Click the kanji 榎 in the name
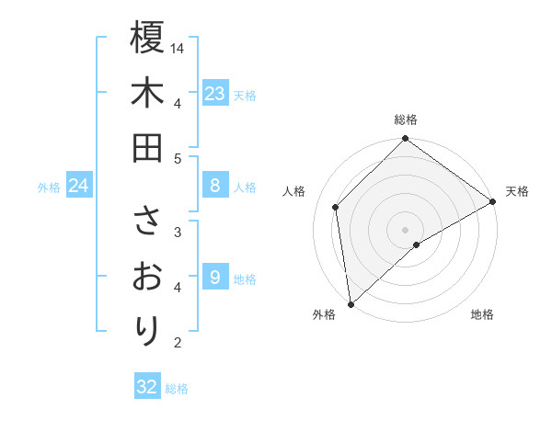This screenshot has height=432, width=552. coord(147,38)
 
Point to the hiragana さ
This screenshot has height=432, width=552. coord(147,222)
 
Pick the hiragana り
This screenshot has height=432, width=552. coord(147,329)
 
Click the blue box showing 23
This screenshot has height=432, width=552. coord(214,94)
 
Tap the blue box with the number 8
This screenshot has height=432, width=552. coord(214,186)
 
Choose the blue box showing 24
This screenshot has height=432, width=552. coord(78,186)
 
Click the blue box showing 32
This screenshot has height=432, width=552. coord(147,387)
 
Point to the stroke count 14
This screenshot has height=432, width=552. coord(178,48)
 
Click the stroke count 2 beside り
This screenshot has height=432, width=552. coord(178,344)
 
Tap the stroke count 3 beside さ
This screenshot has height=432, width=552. coord(178,232)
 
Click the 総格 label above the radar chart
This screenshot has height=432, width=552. coord(406,119)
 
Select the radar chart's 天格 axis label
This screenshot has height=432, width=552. coord(517,191)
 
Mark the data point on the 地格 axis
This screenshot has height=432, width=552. coord(417,244)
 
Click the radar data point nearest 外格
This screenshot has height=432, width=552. coord(351,303)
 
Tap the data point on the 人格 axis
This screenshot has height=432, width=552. coord(336,207)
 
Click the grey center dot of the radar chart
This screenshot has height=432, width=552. coord(406,229)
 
